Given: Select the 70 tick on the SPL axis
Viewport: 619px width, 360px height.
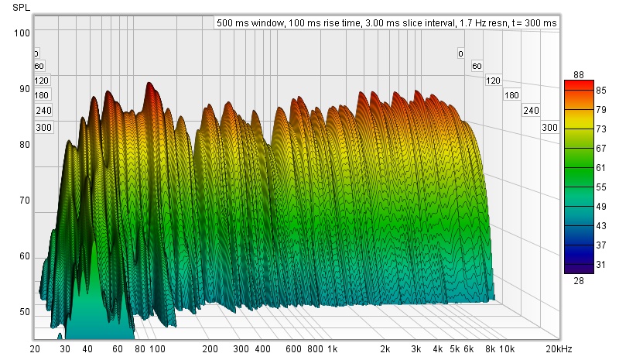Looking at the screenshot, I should (23, 201).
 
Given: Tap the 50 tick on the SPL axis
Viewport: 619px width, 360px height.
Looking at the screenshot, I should (23, 312).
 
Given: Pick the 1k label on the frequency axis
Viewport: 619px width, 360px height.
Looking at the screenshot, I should (331, 349).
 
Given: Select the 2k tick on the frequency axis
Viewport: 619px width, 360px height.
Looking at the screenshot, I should (384, 349).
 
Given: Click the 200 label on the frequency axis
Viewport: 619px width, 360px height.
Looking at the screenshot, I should (210, 349).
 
